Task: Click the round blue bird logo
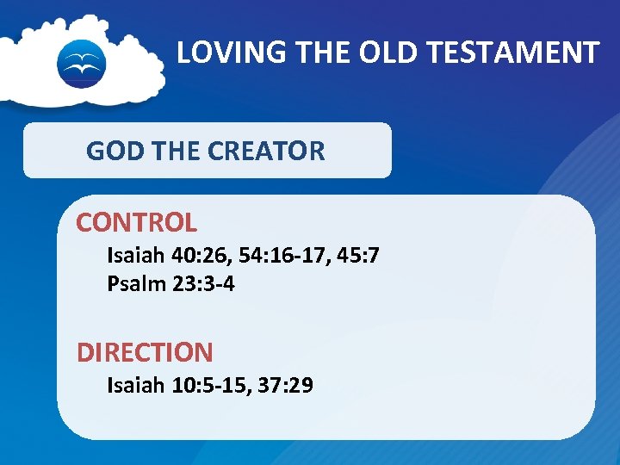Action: point(81,64)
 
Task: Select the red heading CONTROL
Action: point(136,222)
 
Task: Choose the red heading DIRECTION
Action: point(145,352)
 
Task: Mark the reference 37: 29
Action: point(285,385)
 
